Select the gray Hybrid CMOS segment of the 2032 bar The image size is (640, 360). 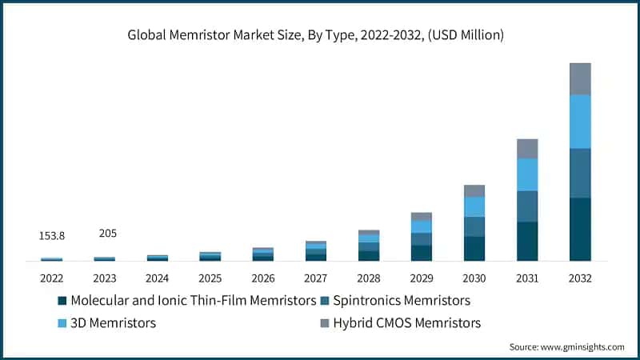(580, 78)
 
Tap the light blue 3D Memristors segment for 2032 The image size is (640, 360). (580, 122)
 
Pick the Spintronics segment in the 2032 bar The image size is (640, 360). (580, 173)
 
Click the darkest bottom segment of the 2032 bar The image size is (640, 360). (580, 229)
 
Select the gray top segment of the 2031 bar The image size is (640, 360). (527, 148)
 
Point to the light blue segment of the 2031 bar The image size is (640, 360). (527, 174)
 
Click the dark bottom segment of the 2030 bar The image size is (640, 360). (474, 248)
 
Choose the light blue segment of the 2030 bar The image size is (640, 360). (474, 206)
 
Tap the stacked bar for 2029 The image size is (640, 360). (422, 237)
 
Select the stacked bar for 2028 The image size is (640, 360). (369, 246)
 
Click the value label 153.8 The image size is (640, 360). (52, 235)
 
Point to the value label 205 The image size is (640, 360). (107, 233)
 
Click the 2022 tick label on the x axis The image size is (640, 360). (52, 278)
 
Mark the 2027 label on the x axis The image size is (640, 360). (316, 278)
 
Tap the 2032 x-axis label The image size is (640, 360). (580, 278)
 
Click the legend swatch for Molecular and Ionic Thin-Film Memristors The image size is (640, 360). (62, 301)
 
